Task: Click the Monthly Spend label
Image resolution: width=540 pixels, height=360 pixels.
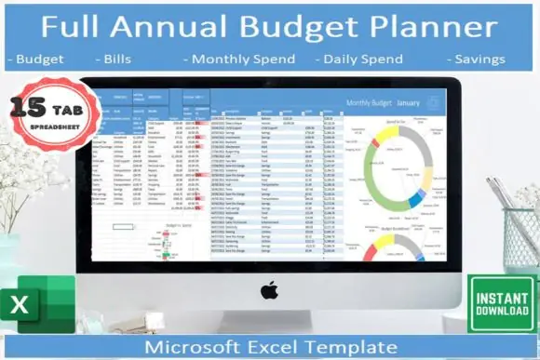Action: click(240, 60)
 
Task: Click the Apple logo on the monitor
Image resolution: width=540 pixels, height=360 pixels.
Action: click(269, 290)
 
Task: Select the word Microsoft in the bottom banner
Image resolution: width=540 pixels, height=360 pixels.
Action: click(191, 347)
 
